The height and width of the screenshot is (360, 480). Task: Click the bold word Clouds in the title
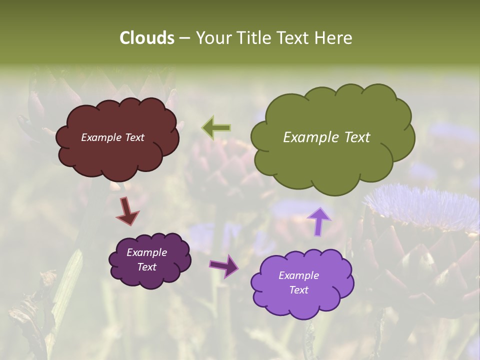146,38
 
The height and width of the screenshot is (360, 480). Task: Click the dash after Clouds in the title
184,38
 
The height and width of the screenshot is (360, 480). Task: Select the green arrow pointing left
216,128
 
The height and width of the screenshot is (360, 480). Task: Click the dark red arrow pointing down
127,211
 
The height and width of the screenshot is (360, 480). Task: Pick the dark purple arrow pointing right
223,266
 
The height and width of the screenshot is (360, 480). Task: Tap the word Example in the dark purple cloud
146,252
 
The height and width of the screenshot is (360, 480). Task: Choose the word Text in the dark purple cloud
146,267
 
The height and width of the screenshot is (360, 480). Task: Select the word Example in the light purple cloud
298,275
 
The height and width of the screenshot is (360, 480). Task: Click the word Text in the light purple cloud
298,290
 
